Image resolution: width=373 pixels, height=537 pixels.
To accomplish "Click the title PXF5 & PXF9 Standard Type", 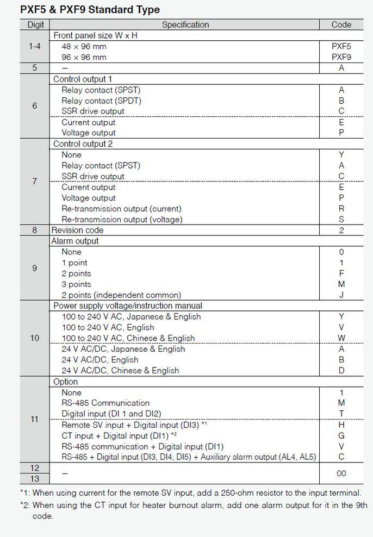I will tap(90, 10).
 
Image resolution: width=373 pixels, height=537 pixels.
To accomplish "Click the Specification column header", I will tap(185, 24).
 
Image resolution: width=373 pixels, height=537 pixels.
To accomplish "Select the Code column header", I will tap(341, 24).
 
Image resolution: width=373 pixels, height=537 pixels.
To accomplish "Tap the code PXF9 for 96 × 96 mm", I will tap(341, 57).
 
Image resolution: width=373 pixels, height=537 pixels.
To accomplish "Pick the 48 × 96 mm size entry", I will tap(84, 46).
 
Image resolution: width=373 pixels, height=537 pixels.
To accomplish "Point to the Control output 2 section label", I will tap(83, 144).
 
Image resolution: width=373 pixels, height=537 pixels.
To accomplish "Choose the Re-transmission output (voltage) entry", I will tap(122, 220).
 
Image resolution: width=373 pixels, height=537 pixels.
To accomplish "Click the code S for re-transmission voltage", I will tap(341, 220).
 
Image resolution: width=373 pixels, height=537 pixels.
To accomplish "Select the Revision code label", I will tap(77, 230).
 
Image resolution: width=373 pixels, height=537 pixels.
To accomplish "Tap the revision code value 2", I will tap(341, 230).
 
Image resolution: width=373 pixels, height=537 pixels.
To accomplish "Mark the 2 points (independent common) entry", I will tap(121, 295).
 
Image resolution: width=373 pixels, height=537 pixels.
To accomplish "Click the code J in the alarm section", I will tap(341, 295).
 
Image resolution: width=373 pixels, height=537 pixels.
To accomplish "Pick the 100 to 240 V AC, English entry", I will tap(108, 327).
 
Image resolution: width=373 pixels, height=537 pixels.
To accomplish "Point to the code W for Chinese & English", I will tap(341, 338).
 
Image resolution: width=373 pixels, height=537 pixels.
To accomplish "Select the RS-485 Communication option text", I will tap(105, 403).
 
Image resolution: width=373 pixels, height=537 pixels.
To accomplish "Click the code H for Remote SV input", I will tap(341, 424).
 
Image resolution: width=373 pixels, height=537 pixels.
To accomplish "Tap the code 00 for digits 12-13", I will tap(341, 473).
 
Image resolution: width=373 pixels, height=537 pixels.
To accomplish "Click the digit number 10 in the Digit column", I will tap(35, 338).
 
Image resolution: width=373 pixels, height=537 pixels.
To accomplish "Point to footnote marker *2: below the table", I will tap(25, 505).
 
